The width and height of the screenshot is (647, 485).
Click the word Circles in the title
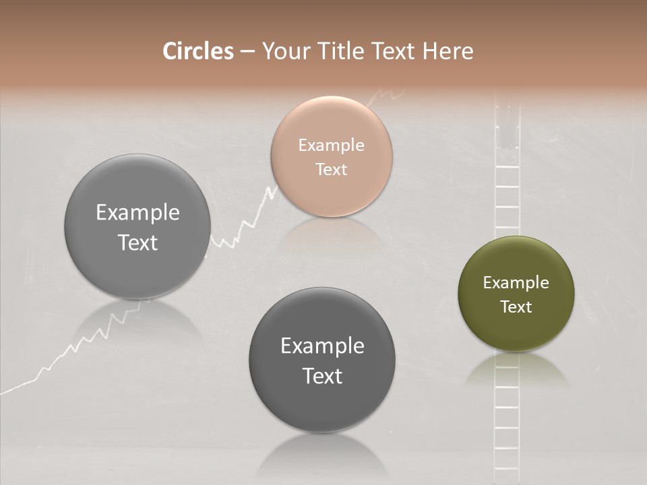point(197,51)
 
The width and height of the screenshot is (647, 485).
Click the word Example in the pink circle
point(331,145)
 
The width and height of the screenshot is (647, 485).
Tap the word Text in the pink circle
point(331,169)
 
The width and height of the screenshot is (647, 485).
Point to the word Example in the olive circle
point(516,283)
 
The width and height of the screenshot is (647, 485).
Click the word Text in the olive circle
point(516,307)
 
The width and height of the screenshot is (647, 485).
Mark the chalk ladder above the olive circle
point(507,175)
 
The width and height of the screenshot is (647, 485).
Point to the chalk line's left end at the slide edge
point(3,391)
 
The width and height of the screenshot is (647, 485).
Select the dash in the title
point(247,52)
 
